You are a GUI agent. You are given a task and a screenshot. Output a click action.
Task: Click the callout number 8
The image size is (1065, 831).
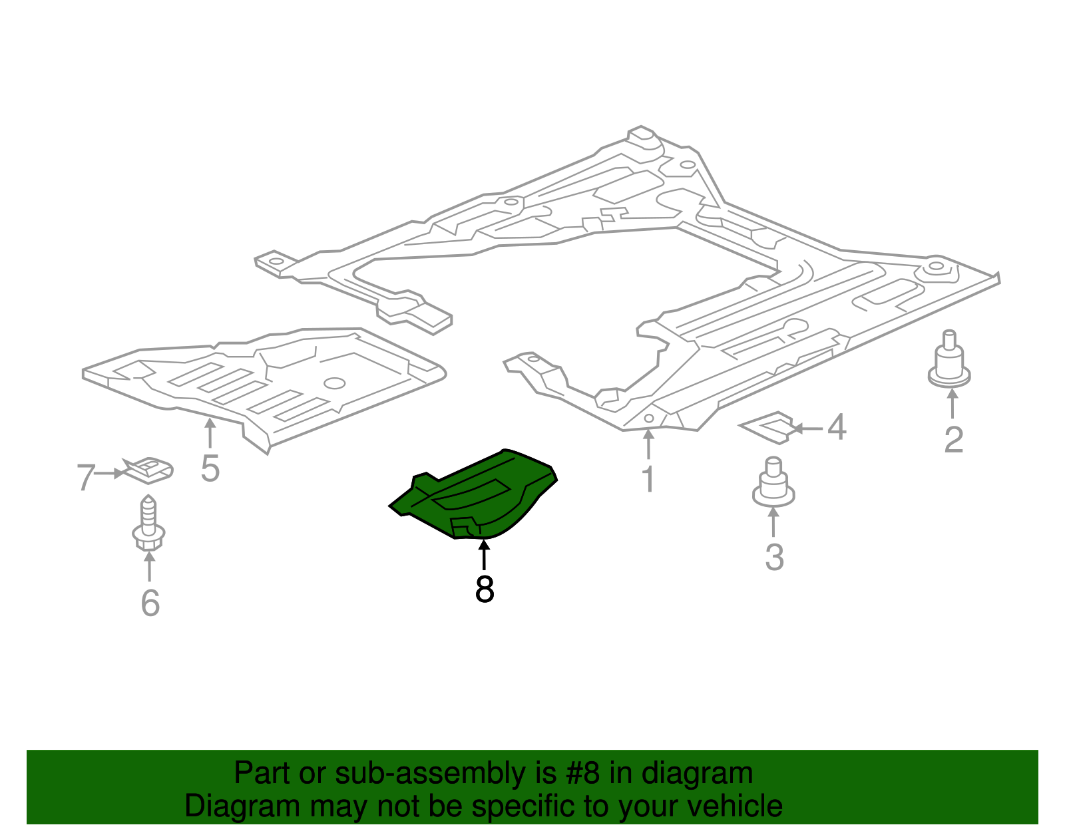[485, 589]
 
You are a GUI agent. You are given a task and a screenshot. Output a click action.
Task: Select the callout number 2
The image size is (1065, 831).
[953, 440]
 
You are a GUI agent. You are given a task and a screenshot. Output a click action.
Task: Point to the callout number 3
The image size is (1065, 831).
[774, 557]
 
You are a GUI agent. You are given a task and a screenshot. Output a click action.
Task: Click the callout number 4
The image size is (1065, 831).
[837, 427]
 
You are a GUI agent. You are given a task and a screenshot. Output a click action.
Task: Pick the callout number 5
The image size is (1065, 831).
[210, 469]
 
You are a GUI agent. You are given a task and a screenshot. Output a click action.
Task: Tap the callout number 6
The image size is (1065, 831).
[150, 603]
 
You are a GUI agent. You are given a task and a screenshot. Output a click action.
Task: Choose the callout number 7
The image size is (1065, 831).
[86, 477]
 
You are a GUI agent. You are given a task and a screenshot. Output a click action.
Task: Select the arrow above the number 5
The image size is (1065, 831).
[210, 432]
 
